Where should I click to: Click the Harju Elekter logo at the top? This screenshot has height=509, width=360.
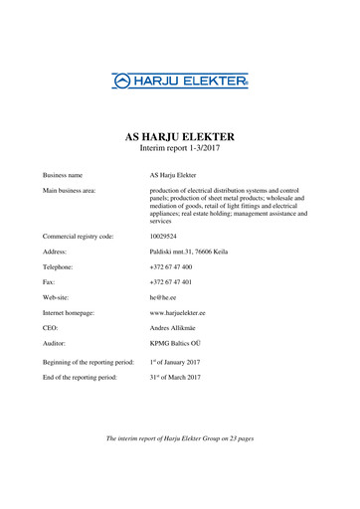click(x=179, y=81)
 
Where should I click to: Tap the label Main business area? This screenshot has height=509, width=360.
click(x=69, y=189)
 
